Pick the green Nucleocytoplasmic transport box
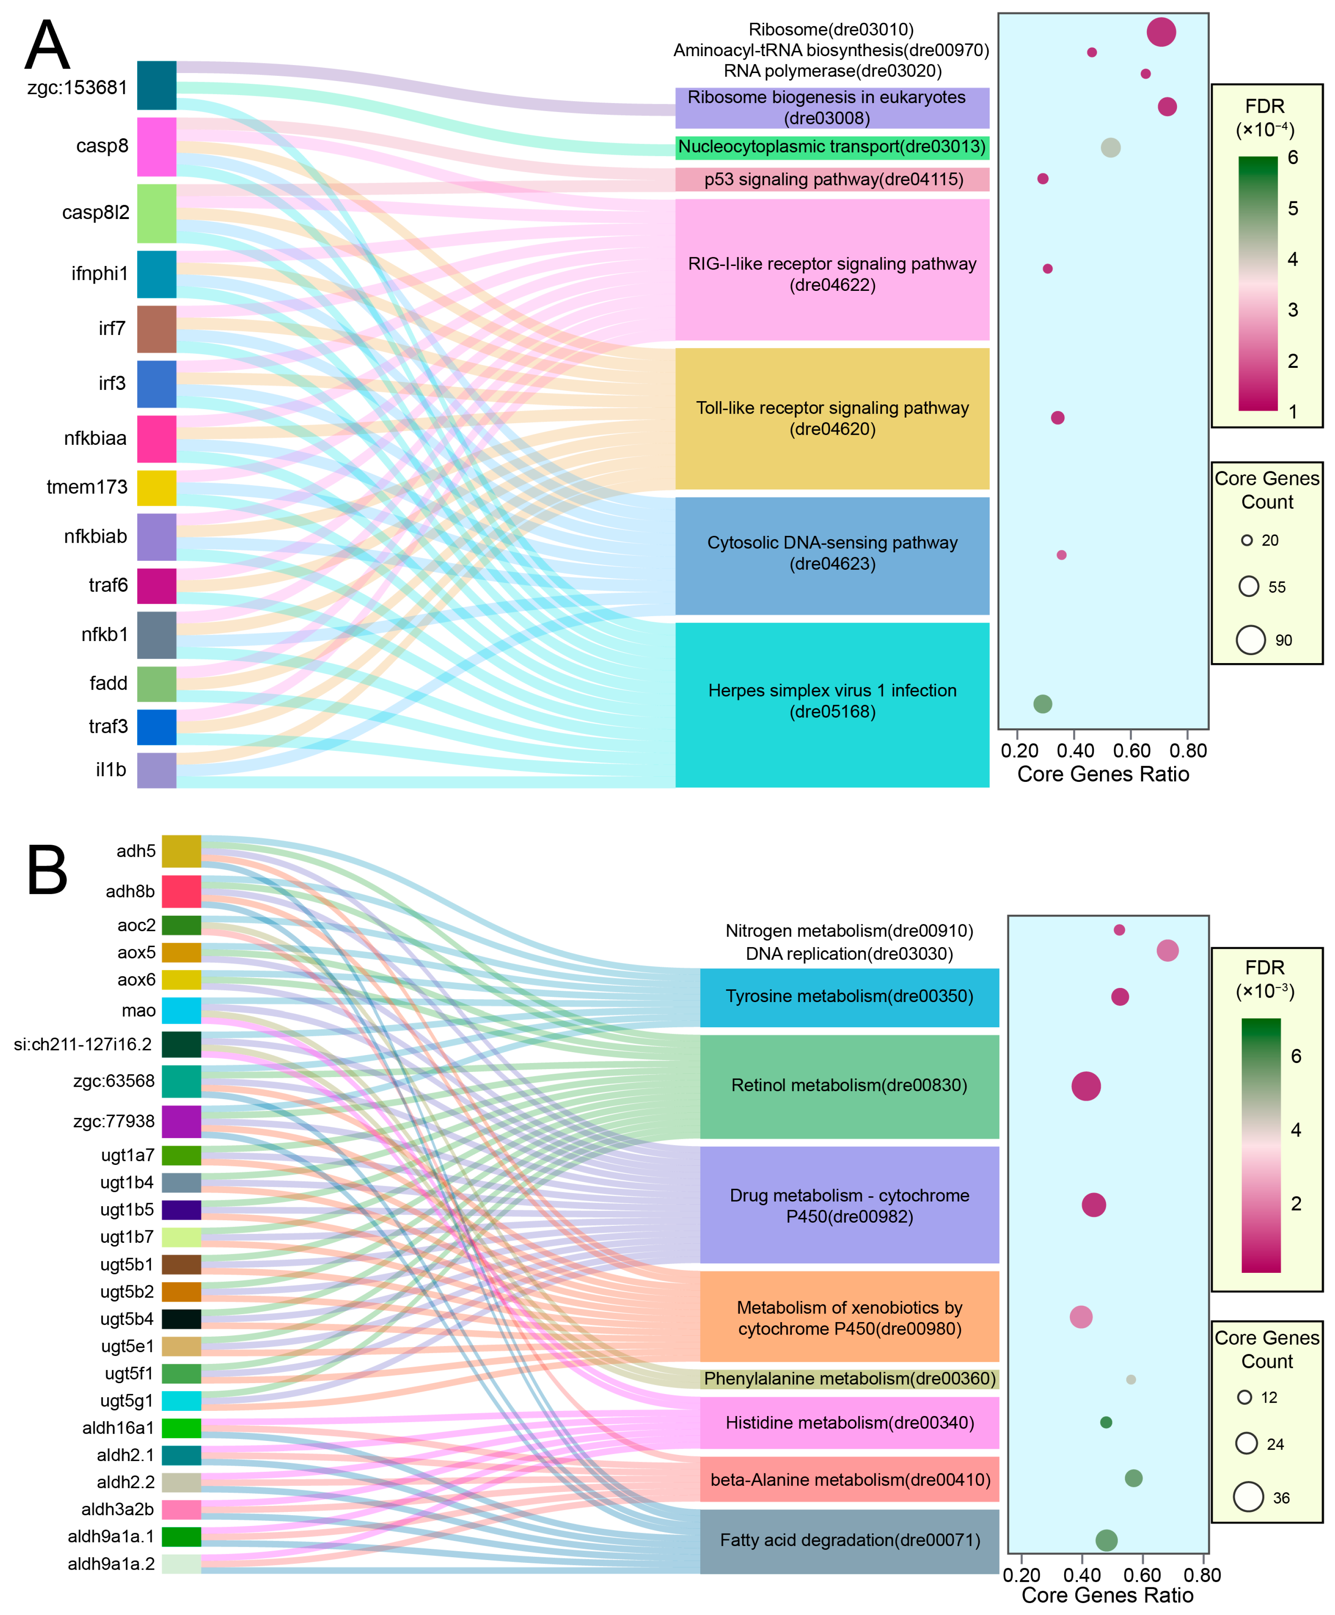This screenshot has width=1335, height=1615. [832, 147]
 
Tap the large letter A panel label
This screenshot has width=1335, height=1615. [48, 46]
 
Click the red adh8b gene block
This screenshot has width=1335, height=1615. [181, 891]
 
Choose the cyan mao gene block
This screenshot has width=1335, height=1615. [181, 1010]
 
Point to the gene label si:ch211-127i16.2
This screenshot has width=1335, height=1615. [83, 1044]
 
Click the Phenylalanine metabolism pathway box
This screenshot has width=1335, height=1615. [850, 1378]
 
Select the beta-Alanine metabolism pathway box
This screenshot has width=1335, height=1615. [850, 1480]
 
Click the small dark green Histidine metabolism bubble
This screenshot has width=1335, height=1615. [1106, 1423]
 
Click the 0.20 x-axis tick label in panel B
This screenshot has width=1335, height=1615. [1022, 1575]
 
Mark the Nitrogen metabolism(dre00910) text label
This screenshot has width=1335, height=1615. [849, 931]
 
